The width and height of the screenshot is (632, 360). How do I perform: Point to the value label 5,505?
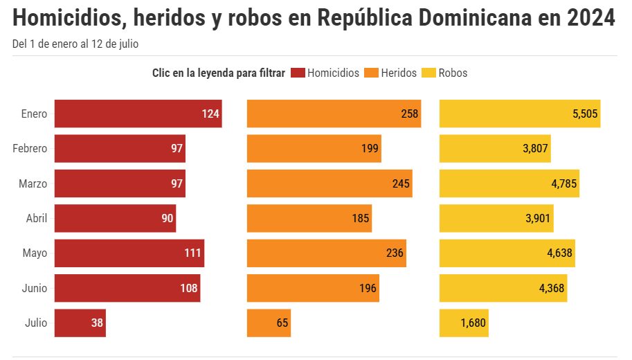[585, 114]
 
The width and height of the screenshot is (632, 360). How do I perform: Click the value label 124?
[210, 114]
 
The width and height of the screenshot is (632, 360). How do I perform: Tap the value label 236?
[395, 253]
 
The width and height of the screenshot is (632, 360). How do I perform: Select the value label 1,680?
[473, 323]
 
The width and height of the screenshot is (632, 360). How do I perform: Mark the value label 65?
[282, 323]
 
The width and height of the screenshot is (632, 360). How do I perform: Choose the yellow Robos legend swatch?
[429, 73]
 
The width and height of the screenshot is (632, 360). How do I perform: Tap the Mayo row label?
[35, 253]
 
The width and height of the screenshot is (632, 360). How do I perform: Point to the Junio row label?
[34, 288]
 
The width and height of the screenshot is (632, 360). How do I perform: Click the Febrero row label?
[30, 149]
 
